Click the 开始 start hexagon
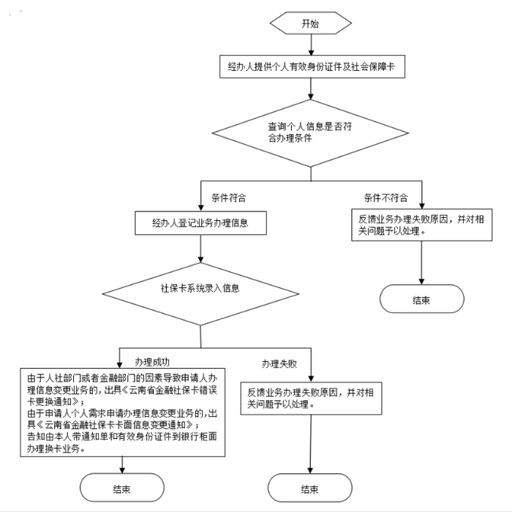click(x=311, y=23)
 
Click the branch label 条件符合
click(x=229, y=197)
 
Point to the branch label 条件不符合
click(x=385, y=197)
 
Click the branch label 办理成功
click(x=154, y=361)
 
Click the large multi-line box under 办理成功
click(x=121, y=413)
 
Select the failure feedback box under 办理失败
click(x=312, y=397)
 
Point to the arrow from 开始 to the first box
click(x=312, y=44)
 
